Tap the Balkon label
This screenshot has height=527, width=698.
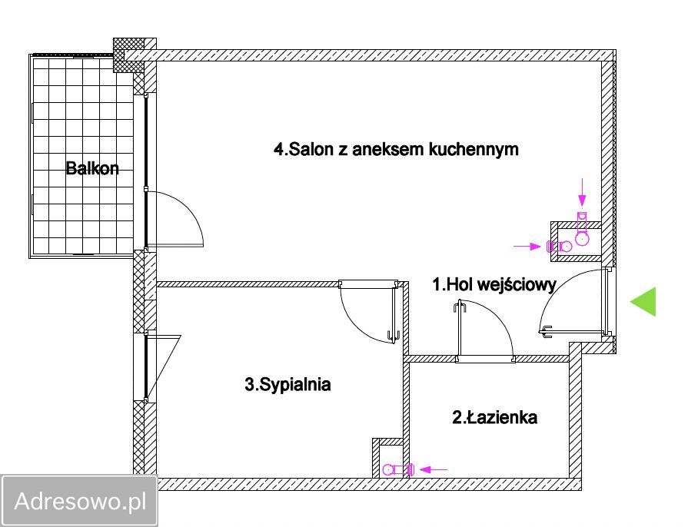[92, 168]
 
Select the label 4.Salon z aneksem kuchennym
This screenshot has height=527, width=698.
[396, 149]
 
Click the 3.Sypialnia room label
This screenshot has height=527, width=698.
[288, 384]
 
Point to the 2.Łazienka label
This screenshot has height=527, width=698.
[494, 418]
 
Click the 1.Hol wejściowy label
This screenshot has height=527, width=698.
[494, 284]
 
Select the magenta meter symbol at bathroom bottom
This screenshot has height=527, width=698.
[398, 469]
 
